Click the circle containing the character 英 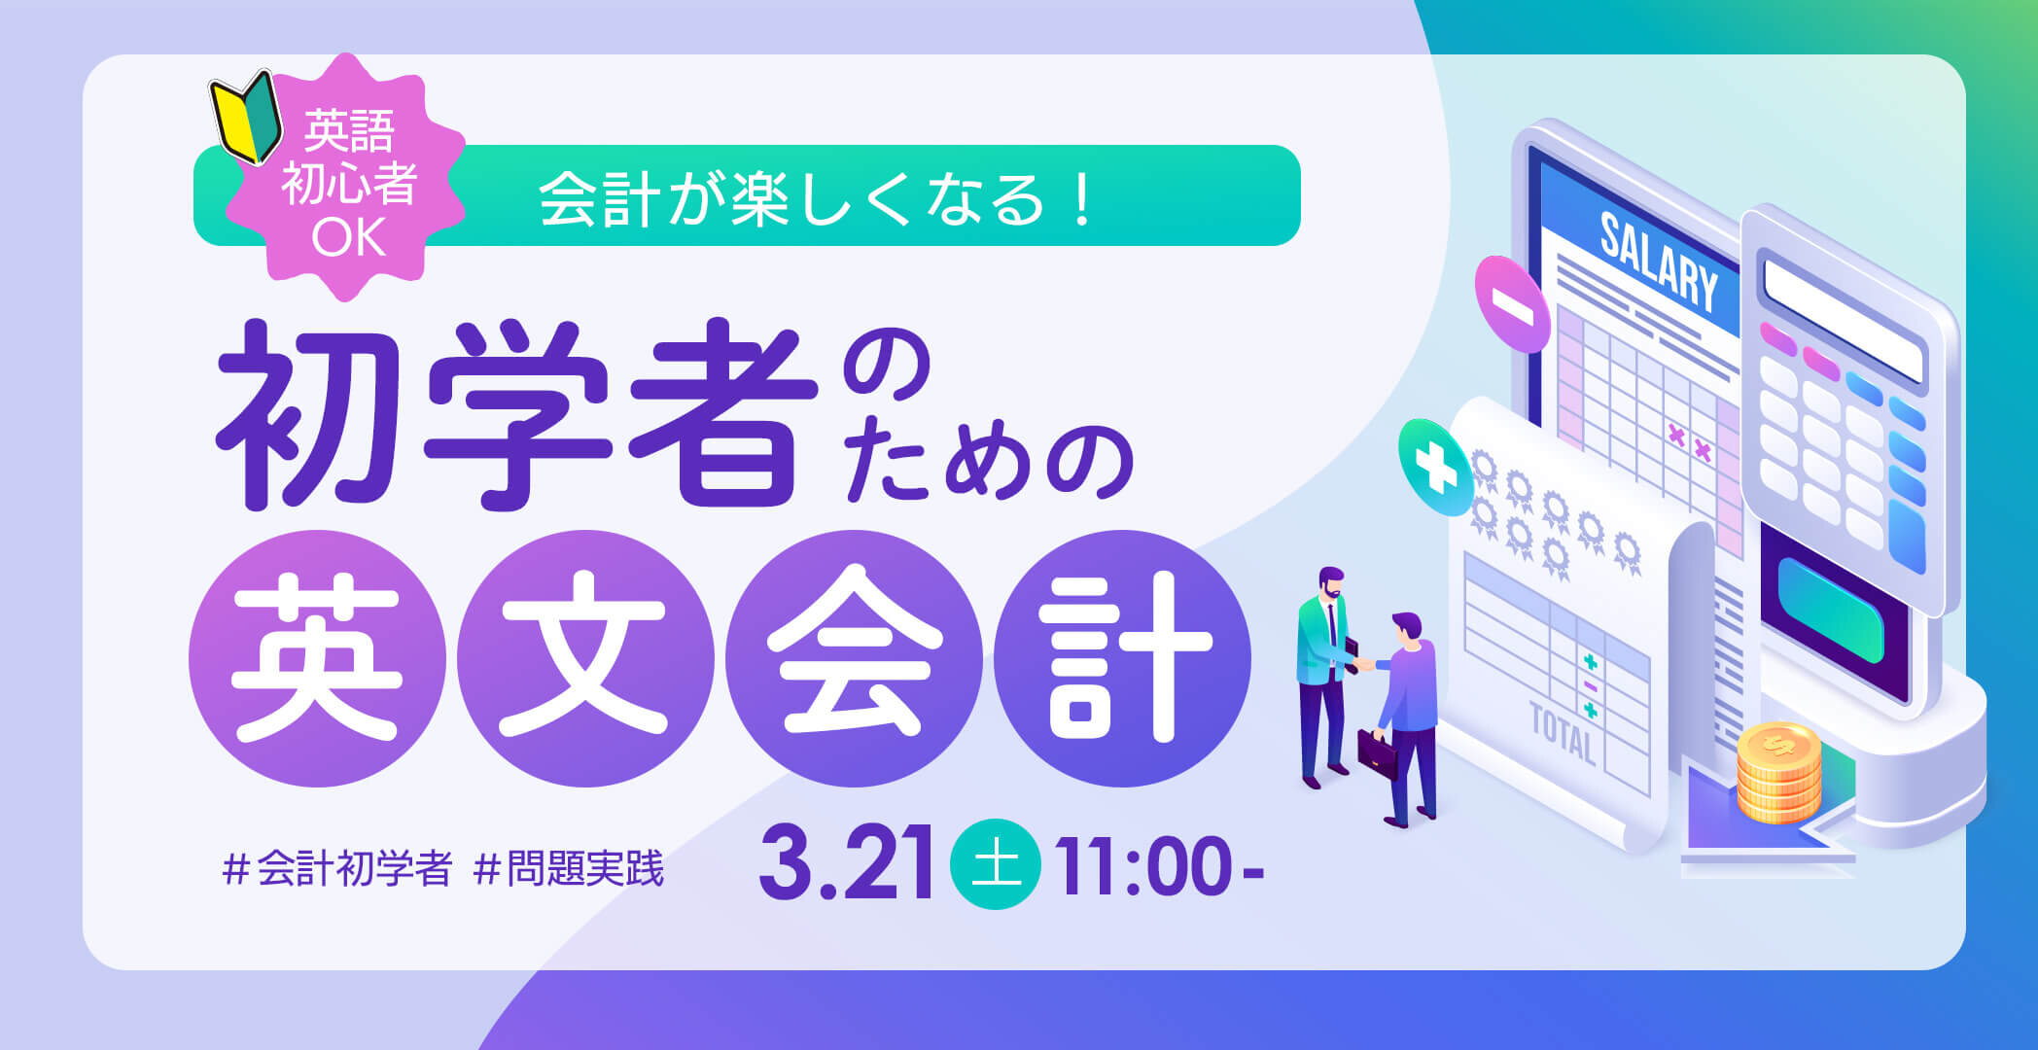coord(317,658)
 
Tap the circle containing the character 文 coord(585,658)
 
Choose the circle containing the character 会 coord(854,658)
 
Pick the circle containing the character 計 coord(1122,658)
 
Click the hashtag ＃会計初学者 coord(337,868)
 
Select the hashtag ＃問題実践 coord(568,868)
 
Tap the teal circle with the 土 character coord(996,864)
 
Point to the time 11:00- coord(1161,864)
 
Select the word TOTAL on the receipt coord(1563,733)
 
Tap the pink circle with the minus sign coord(1512,304)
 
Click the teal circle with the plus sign coord(1436,468)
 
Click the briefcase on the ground coord(1378,753)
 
